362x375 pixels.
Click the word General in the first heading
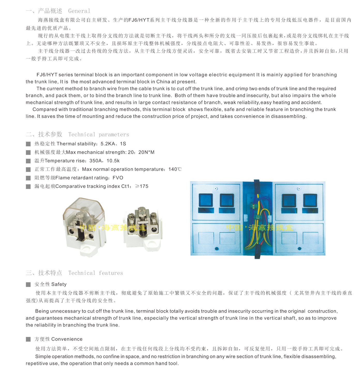(79, 11)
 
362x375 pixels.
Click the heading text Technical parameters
(99, 134)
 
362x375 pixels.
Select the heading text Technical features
(95, 273)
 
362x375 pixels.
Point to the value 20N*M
(146, 152)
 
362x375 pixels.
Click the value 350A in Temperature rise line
(96, 161)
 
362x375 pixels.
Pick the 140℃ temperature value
(175, 169)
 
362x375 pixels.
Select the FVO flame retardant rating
(118, 178)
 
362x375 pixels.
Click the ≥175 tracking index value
(142, 186)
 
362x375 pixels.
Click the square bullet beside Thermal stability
(28, 144)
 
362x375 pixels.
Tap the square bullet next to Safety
(28, 284)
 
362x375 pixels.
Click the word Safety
(59, 284)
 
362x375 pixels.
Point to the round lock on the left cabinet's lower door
(217, 249)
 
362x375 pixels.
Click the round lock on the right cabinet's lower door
(299, 249)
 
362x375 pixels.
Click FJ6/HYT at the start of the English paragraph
(47, 75)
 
